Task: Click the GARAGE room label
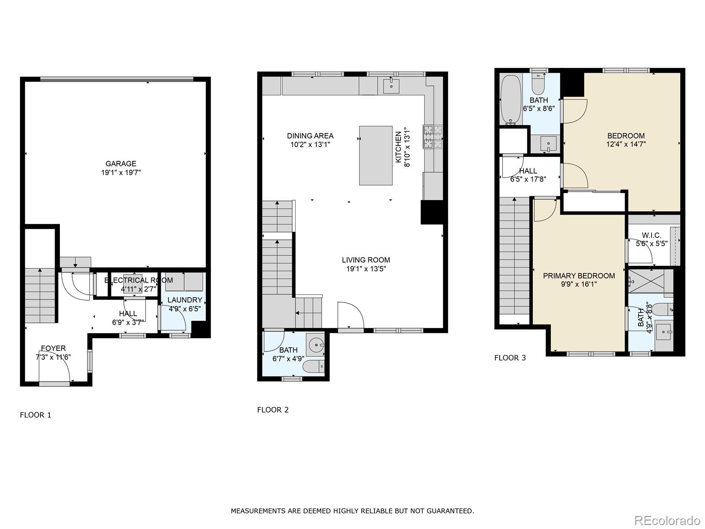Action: click(120, 164)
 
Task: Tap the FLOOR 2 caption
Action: click(273, 410)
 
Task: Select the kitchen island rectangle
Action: click(375, 155)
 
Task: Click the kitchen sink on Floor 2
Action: click(391, 86)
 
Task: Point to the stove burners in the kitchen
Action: click(433, 137)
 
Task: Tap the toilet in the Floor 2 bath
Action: click(314, 366)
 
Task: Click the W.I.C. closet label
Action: click(651, 235)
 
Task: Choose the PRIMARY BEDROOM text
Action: click(579, 276)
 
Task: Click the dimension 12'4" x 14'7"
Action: click(626, 144)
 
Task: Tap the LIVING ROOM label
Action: click(366, 260)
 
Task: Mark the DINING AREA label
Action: click(310, 136)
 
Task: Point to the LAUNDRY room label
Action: click(185, 300)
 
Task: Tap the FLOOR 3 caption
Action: click(510, 358)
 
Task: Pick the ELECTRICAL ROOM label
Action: click(138, 280)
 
